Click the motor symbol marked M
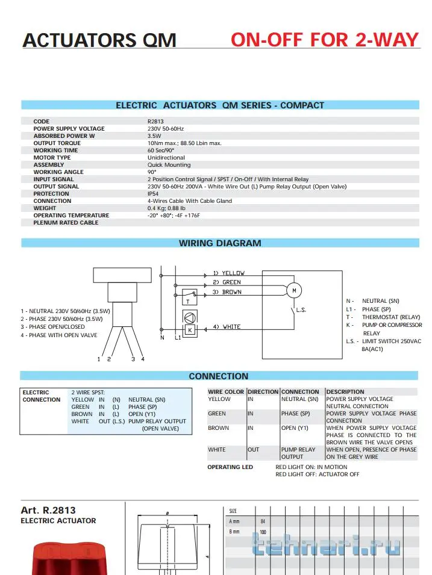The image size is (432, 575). pos(294,291)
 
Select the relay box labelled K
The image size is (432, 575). pos(189,330)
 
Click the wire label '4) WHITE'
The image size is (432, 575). pos(227,327)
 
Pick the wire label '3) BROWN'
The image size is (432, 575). pos(227,292)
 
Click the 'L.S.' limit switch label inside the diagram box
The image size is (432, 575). pos(302,309)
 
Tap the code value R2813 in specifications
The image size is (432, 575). pos(156,122)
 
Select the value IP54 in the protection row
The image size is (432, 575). pos(153,194)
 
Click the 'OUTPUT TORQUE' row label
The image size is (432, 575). pos(57,143)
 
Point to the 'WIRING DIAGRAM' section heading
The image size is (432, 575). pos(220,243)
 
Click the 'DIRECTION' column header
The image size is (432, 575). pos(263,392)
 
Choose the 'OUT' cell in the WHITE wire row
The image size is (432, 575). pos(254,450)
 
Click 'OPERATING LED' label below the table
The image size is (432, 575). pos(230,467)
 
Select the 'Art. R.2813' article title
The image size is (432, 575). pos(48,510)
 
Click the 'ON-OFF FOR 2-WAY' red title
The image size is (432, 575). pos(324,40)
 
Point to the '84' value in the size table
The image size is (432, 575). pos(263,521)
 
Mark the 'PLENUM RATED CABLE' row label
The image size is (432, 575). pos(66,223)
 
